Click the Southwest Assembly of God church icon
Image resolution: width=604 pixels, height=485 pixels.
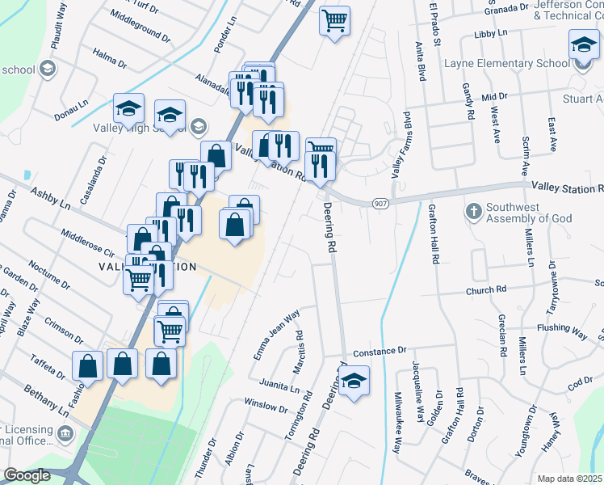click(474, 212)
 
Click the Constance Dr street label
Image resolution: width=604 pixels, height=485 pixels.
click(379, 351)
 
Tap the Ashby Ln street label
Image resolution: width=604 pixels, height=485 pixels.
click(50, 200)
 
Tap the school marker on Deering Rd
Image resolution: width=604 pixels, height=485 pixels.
click(354, 381)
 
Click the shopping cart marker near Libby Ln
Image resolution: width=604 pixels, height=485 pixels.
click(334, 20)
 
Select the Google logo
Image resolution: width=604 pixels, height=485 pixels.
click(27, 475)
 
